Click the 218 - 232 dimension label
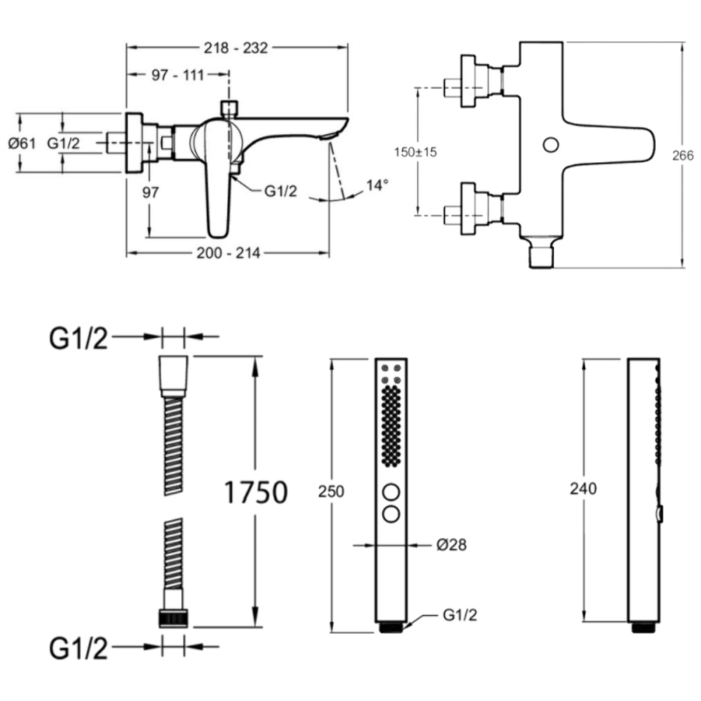[236, 48]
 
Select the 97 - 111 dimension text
[178, 75]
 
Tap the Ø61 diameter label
[22, 143]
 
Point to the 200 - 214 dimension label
[228, 253]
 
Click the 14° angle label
[377, 185]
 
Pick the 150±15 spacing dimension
[415, 152]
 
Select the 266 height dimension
[682, 155]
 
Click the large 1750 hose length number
[256, 492]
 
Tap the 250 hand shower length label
[331, 491]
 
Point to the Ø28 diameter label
[451, 544]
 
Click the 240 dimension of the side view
[583, 488]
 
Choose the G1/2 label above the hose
[79, 339]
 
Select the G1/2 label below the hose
[79, 648]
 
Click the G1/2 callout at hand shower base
[460, 615]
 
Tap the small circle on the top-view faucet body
[551, 145]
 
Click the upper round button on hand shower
[391, 492]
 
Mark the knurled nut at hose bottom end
[173, 618]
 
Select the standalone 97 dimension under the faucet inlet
[150, 193]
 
